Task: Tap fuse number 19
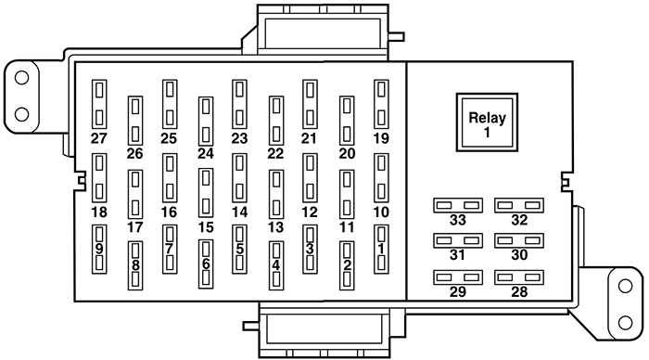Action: click(x=381, y=102)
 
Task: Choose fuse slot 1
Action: click(x=381, y=249)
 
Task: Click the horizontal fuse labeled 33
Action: click(x=458, y=204)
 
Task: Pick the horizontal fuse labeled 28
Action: click(x=518, y=277)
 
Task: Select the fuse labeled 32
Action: click(x=518, y=204)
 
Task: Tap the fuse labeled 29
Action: click(x=458, y=277)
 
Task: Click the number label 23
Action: click(x=240, y=138)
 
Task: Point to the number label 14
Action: click(x=240, y=212)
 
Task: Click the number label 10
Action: click(x=381, y=212)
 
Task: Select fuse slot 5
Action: click(x=240, y=249)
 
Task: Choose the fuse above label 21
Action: click(x=311, y=102)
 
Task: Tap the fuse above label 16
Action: click(x=170, y=176)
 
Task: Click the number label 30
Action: click(x=518, y=255)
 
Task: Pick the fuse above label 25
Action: click(x=170, y=102)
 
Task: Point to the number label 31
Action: click(x=458, y=255)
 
